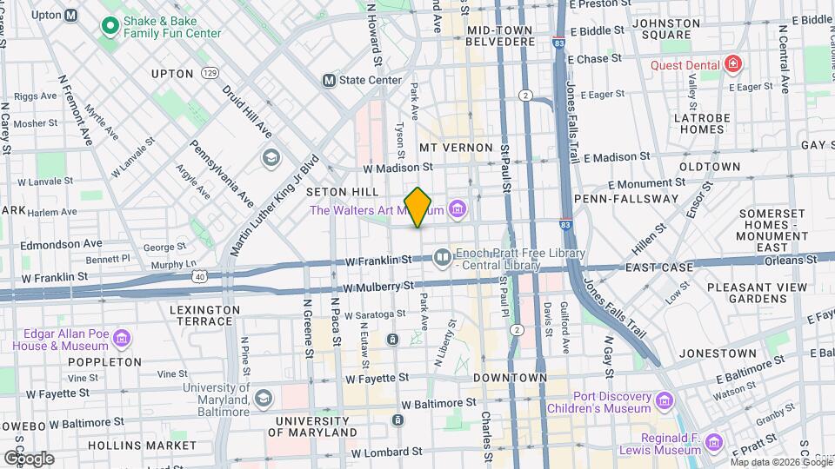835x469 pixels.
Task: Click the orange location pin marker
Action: click(x=417, y=208)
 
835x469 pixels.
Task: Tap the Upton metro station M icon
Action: click(x=71, y=16)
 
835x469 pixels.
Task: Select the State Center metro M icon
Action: click(x=329, y=80)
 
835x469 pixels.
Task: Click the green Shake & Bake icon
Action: click(x=110, y=25)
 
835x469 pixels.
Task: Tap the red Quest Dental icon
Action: click(x=733, y=64)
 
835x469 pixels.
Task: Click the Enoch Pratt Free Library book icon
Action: click(x=443, y=256)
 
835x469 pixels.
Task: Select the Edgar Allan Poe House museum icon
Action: click(x=122, y=336)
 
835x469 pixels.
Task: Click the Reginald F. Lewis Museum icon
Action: click(x=715, y=442)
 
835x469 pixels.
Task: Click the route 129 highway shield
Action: click(x=210, y=74)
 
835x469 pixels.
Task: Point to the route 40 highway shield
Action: click(x=201, y=276)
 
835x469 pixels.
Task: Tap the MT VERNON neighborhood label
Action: click(x=456, y=149)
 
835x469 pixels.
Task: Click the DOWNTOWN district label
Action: click(x=510, y=378)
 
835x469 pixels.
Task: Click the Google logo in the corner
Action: click(x=29, y=458)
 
